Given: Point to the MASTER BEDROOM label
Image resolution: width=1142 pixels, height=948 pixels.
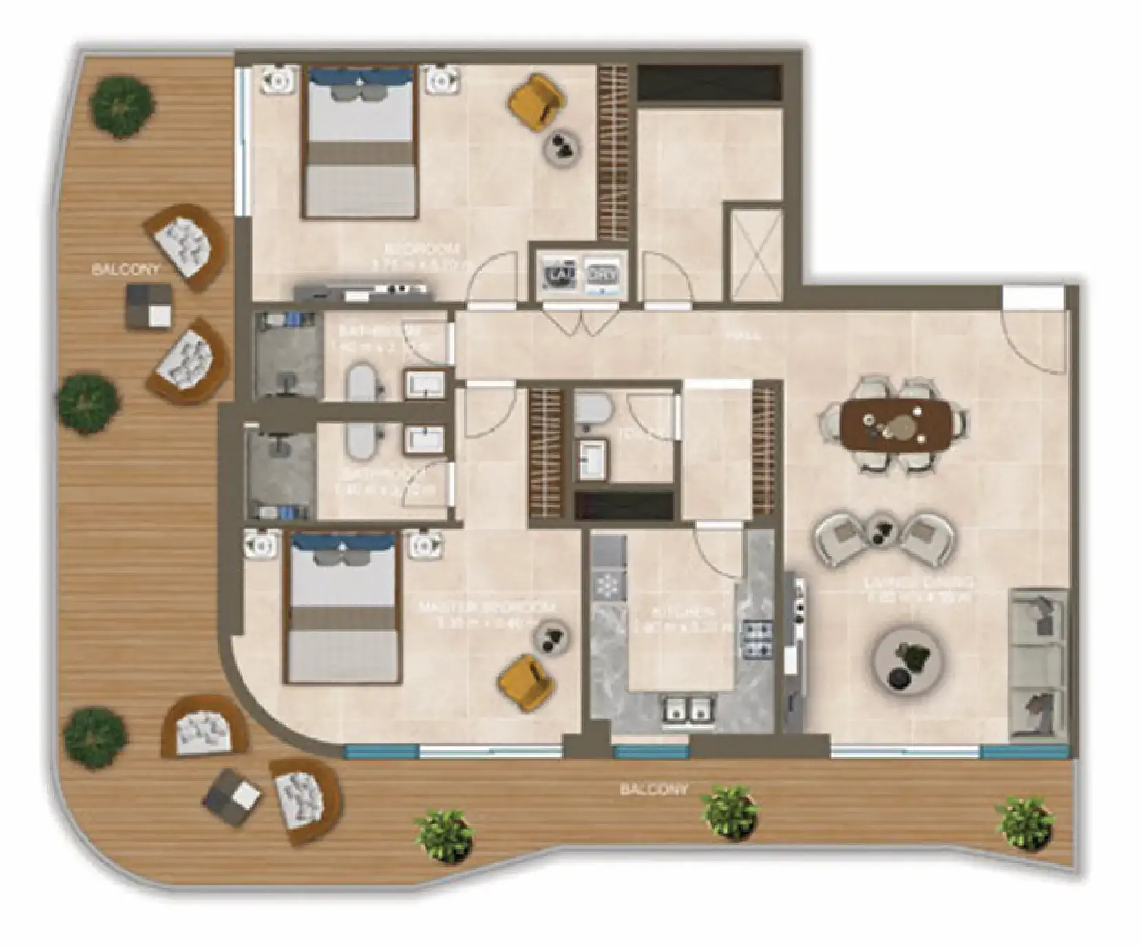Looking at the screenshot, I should (487, 608).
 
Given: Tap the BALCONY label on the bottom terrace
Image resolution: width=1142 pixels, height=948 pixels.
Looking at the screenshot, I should (653, 789).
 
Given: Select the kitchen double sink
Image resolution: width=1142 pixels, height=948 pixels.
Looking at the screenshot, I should (686, 709).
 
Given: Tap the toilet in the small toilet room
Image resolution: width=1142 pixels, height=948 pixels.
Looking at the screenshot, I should (592, 408).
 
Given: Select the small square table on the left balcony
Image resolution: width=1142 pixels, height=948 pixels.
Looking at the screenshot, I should (149, 307).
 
